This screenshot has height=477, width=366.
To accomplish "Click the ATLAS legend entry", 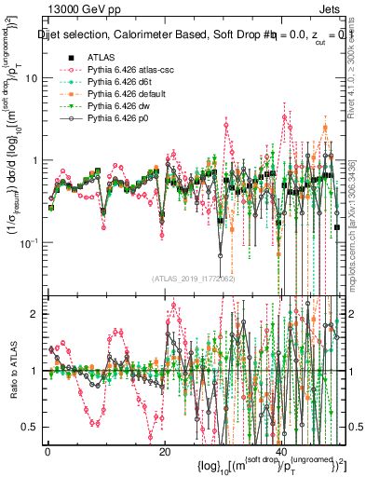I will point(101,57).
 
